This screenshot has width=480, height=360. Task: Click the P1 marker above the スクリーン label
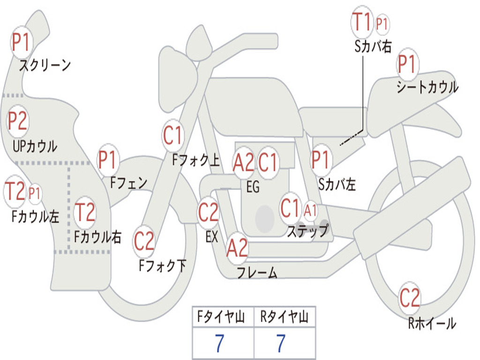click(x=21, y=43)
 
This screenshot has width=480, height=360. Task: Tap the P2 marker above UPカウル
click(x=18, y=121)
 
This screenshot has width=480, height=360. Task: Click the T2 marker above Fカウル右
click(x=85, y=212)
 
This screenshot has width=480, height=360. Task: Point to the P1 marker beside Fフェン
click(x=108, y=160)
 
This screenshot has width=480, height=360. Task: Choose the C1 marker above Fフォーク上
click(x=172, y=135)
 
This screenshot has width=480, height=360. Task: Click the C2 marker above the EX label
click(x=208, y=212)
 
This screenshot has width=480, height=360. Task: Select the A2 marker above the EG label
click(x=243, y=162)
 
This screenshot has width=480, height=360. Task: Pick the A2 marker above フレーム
click(x=237, y=248)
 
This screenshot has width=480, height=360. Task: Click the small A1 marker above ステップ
click(x=310, y=210)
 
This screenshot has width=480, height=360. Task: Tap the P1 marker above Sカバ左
click(x=321, y=160)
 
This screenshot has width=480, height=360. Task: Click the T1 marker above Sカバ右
click(x=362, y=22)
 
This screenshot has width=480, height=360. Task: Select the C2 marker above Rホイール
click(x=410, y=298)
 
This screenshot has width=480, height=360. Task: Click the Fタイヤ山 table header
click(x=221, y=317)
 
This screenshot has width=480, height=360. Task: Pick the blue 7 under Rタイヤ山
click(x=281, y=343)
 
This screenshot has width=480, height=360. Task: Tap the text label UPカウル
click(x=35, y=146)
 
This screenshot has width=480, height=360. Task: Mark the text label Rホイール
click(x=432, y=323)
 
